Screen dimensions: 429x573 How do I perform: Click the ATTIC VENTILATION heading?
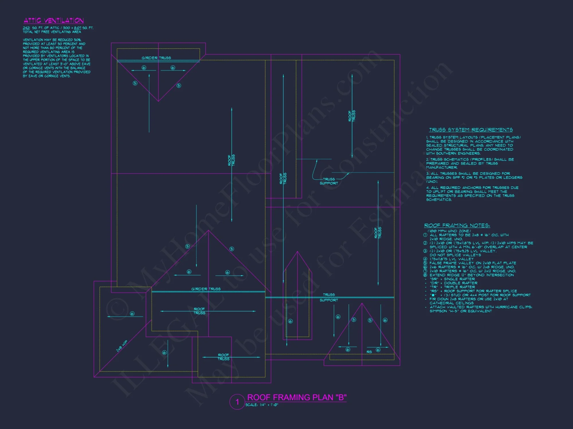(54, 21)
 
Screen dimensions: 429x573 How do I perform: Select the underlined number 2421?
(26, 28)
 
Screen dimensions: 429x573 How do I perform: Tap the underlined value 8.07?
(77, 28)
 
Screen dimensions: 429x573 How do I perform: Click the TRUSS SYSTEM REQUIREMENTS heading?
(471, 130)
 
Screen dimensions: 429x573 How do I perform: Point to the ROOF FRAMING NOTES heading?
(457, 226)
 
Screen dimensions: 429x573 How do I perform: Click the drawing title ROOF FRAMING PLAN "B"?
(297, 398)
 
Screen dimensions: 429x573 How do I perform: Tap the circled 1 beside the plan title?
(237, 402)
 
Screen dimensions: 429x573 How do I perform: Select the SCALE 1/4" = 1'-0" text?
(262, 405)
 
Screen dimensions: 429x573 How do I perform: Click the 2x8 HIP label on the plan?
(122, 346)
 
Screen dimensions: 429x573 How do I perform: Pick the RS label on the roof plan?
(369, 352)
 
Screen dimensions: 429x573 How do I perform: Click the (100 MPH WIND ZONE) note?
(449, 231)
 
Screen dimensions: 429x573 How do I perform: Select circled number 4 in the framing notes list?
(425, 259)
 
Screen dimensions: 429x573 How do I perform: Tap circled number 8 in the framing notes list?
(425, 275)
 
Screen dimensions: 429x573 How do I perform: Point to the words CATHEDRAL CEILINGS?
(452, 303)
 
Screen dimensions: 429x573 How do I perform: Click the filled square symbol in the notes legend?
(433, 295)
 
